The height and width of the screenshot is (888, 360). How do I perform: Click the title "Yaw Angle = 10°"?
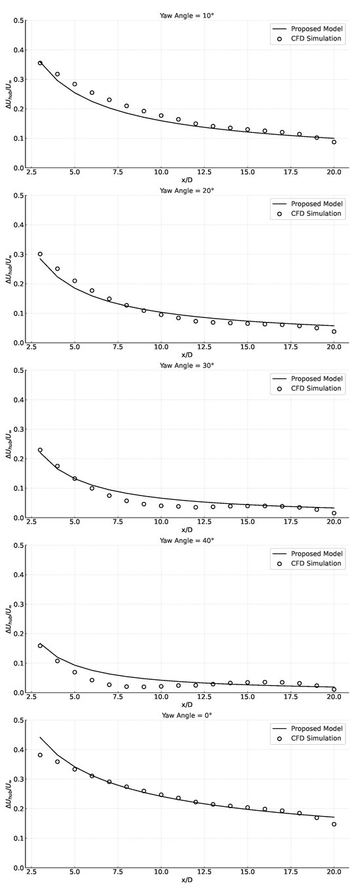tap(187, 15)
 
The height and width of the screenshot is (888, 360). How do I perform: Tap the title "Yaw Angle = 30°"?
tap(187, 364)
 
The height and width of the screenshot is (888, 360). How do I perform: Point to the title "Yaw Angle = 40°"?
tap(187, 540)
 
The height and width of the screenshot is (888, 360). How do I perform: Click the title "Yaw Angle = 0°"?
tap(187, 715)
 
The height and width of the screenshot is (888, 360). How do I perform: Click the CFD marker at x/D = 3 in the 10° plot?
tap(40, 63)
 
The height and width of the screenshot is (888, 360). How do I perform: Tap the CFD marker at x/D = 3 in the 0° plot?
tap(40, 755)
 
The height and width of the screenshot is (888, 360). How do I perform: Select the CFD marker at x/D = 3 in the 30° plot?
tap(40, 450)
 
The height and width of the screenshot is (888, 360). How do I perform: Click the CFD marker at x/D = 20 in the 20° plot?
tap(334, 331)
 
